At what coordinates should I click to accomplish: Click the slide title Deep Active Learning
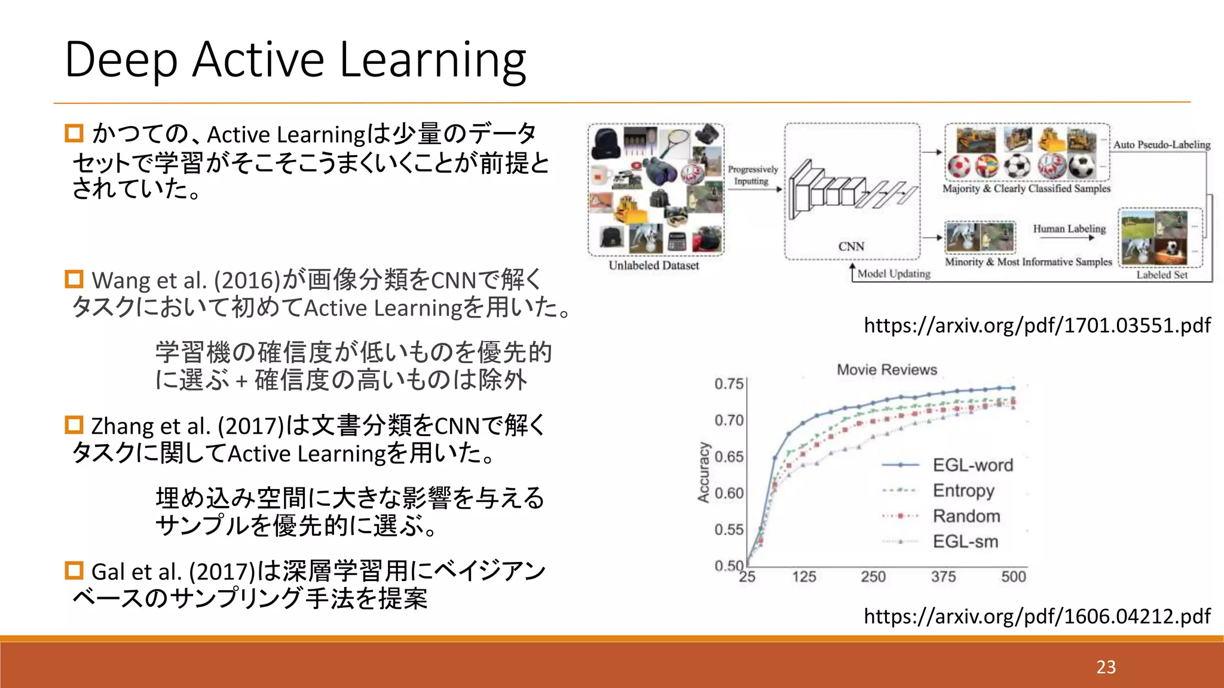[x=295, y=60]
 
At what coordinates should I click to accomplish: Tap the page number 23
[x=1106, y=666]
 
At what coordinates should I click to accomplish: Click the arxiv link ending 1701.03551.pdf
[x=1037, y=325]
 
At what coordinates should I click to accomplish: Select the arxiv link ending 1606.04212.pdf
[x=1037, y=616]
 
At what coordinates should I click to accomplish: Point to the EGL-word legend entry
[x=972, y=465]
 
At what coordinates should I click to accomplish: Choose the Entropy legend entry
[x=963, y=490]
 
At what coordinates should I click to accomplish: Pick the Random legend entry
[x=966, y=516]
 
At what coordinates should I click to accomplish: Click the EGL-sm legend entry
[x=965, y=542]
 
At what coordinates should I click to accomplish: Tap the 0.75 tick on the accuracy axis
[x=729, y=383]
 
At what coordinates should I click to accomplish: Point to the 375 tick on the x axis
[x=943, y=577]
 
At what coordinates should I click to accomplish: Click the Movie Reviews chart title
[x=887, y=370]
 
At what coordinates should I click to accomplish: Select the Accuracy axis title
[x=703, y=472]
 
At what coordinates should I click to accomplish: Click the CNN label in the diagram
[x=851, y=247]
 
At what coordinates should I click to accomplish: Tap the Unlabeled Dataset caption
[x=654, y=266]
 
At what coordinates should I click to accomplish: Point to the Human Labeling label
[x=1069, y=229]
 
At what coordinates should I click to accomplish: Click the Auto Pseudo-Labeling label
[x=1161, y=145]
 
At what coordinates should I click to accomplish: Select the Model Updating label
[x=894, y=274]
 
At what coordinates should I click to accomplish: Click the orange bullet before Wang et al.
[x=74, y=279]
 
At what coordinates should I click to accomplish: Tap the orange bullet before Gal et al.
[x=74, y=570]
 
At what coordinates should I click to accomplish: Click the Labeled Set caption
[x=1161, y=275]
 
